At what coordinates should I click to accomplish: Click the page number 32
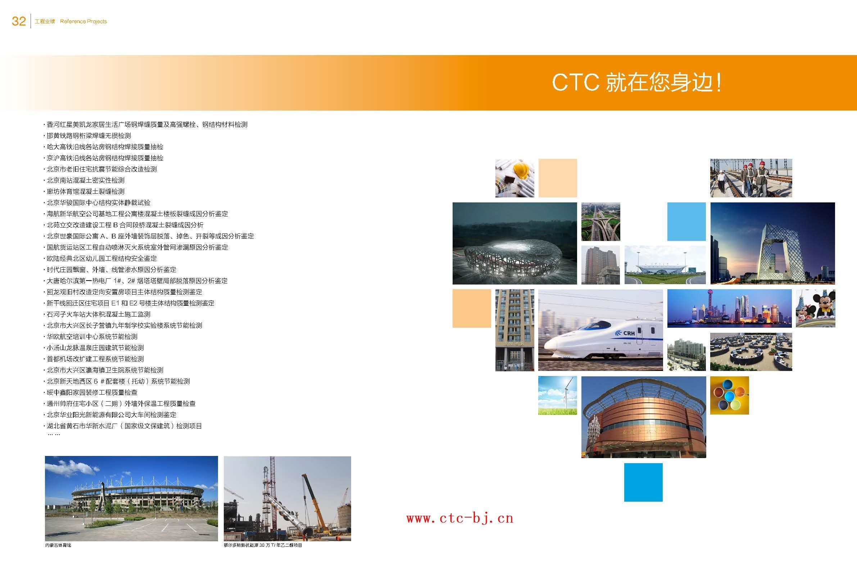click(19, 21)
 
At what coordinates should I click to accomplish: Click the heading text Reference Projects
click(83, 21)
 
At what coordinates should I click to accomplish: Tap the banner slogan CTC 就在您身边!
click(636, 82)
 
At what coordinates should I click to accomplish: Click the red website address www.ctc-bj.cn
click(460, 518)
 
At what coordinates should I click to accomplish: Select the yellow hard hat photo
click(514, 178)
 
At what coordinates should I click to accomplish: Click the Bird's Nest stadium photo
click(514, 243)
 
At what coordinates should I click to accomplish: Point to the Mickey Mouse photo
click(815, 309)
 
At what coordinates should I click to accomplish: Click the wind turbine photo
click(557, 395)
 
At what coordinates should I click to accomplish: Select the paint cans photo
click(729, 395)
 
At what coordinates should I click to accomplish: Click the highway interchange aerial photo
click(601, 221)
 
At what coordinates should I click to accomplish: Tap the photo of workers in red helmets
click(751, 178)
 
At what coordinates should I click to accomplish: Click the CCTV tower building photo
click(772, 243)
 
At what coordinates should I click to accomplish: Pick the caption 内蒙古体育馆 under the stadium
click(58, 545)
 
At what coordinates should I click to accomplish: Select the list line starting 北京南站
click(86, 180)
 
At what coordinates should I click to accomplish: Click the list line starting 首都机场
click(95, 359)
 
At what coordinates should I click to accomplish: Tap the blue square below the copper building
click(643, 482)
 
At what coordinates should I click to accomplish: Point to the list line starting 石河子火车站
click(99, 314)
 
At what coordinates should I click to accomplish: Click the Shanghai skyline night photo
click(729, 309)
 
